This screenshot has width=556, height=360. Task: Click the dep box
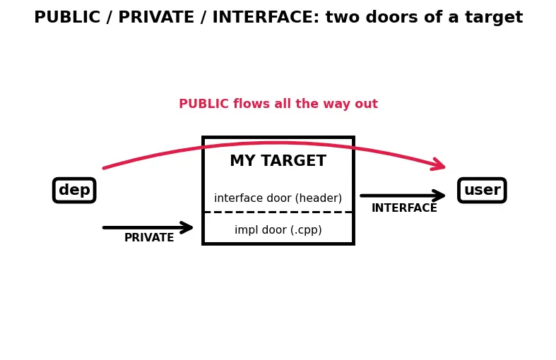74,191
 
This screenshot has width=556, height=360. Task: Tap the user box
482,191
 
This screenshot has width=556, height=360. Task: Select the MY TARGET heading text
278,160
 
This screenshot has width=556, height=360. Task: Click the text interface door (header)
278,198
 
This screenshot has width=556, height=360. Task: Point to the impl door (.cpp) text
278,229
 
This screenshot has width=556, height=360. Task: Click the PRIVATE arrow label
149,237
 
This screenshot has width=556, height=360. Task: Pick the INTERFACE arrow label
404,208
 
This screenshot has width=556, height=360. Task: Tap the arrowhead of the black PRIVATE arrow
189,227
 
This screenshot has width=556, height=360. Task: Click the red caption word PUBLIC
204,104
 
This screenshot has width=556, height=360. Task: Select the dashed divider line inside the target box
278,212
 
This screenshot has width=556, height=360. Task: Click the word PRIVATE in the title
156,17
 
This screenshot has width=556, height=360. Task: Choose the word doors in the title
392,17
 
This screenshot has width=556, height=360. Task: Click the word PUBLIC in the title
67,17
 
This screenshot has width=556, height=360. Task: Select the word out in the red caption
368,104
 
